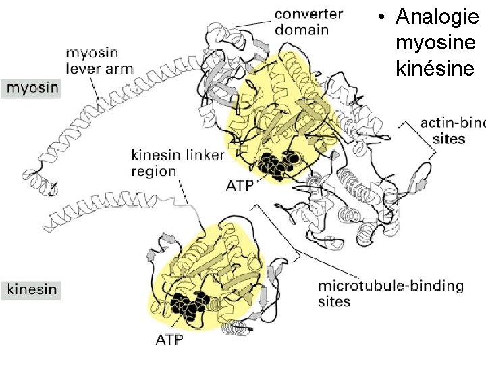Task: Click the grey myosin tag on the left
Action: click(31, 87)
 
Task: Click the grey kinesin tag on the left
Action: click(32, 290)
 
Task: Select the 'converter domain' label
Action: click(308, 21)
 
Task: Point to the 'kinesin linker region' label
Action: click(177, 163)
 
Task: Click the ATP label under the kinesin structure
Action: click(169, 339)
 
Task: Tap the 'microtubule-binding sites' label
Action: click(389, 293)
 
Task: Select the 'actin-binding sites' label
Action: click(451, 130)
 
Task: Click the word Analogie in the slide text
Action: click(436, 16)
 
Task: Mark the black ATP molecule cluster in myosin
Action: click(277, 165)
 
